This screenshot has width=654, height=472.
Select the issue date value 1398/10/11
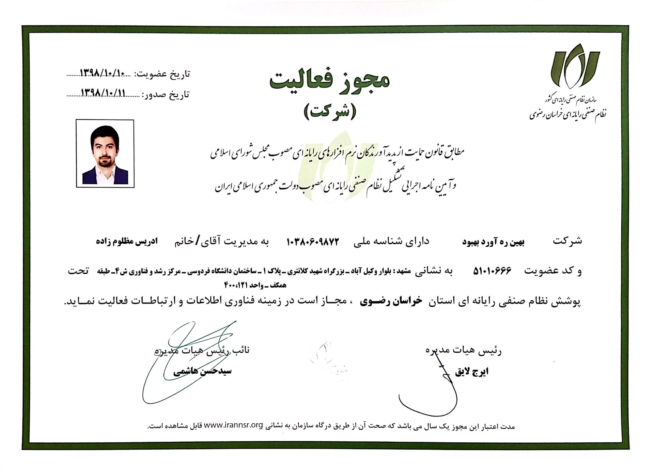coord(104,93)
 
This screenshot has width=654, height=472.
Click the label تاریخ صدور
coord(166,94)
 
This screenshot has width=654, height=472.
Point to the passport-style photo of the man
coord(105,153)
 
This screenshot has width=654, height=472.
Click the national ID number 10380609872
coord(313,242)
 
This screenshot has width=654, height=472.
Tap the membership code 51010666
coord(493,271)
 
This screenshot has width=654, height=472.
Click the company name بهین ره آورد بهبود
coord(493,242)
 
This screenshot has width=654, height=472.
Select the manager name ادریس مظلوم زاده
coord(126,242)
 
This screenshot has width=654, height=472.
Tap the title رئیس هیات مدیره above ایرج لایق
coord(463,350)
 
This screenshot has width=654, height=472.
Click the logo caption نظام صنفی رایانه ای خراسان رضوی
coord(568,115)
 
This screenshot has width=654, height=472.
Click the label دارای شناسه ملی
coord(391,242)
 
